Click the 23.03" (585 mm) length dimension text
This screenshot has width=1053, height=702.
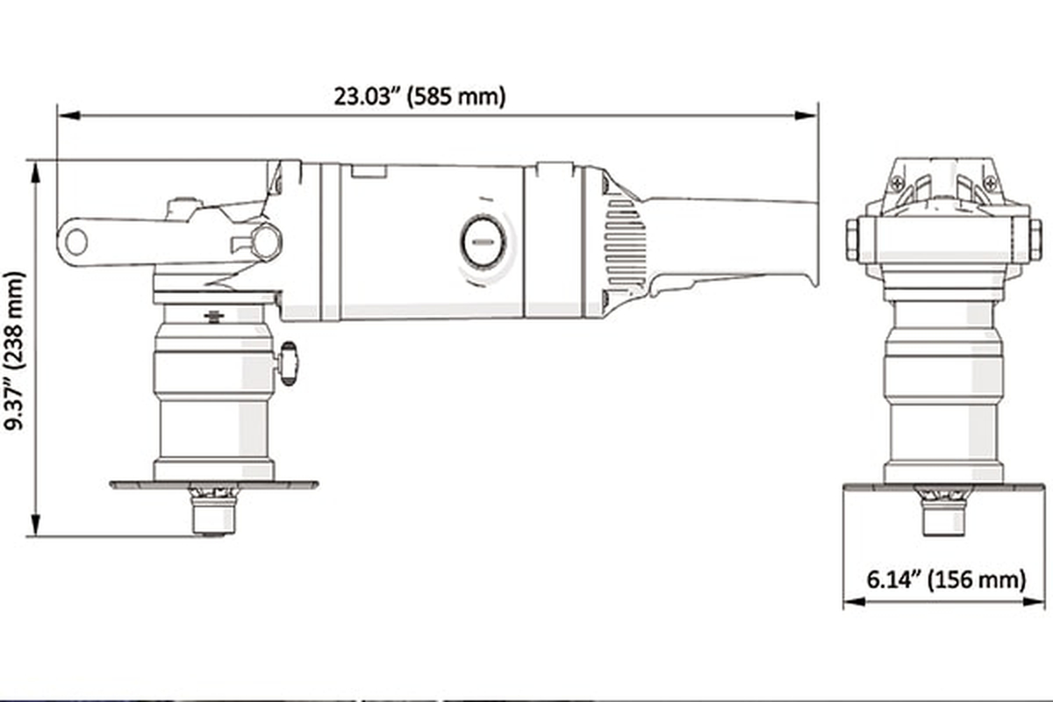pos(419,97)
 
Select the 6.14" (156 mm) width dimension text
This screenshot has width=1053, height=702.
pos(946,579)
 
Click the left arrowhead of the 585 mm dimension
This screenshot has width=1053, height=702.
pos(68,116)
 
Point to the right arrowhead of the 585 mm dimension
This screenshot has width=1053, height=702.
pos(806,116)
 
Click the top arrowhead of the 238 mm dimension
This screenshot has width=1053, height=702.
pos(35,173)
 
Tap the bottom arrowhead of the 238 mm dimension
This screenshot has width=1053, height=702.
pos(35,524)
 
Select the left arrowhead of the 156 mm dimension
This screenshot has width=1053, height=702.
pos(855,601)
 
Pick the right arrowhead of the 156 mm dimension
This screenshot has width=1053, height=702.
pos(1034,601)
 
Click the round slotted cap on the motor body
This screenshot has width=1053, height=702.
pos(484,241)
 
